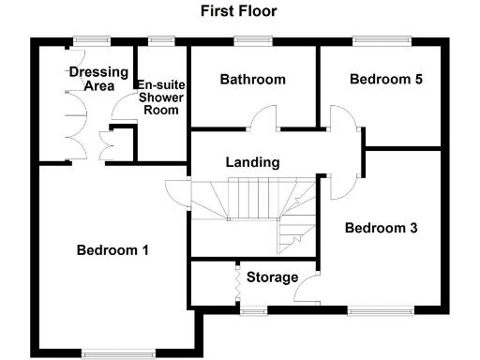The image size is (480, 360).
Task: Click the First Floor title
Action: pos(238,12)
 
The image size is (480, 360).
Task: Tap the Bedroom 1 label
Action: pos(112,250)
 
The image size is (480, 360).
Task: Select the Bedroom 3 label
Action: pos(381,228)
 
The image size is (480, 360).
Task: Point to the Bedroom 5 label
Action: pos(385,80)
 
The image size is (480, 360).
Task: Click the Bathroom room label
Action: pos(252,80)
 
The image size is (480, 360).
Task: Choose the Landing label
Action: pos(252,162)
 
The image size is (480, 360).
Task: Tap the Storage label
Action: pos(272,277)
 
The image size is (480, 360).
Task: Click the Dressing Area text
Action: pos(91,79)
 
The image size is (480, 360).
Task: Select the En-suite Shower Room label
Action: pos(161,97)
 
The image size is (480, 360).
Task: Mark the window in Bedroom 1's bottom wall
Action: pos(118,352)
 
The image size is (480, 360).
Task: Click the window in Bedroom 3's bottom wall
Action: pos(382,307)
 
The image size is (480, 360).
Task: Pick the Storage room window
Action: pos(252,307)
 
